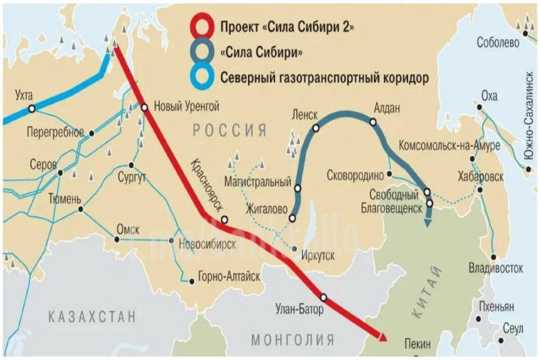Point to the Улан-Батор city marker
pyautogui.click(x=323, y=297)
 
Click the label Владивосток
pyautogui.click(x=496, y=268)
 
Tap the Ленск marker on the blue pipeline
pyautogui.click(x=314, y=129)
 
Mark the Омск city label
pyautogui.click(x=128, y=229)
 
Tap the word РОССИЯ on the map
pyautogui.click(x=229, y=130)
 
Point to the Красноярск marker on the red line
pyautogui.click(x=224, y=220)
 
